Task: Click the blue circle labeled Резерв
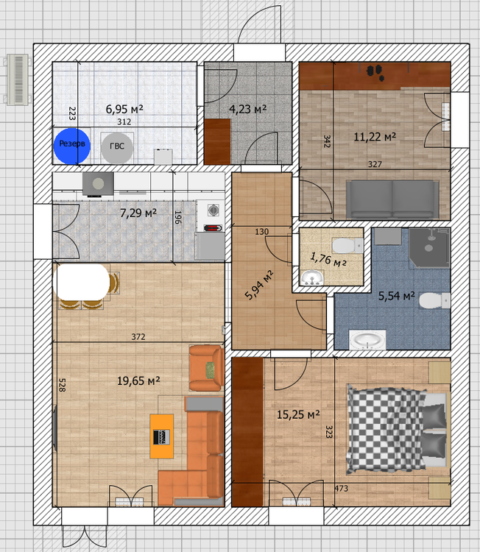[72, 145]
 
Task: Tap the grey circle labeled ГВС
[116, 146]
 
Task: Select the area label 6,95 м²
[124, 109]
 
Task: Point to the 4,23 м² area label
[247, 109]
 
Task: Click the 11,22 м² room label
[375, 136]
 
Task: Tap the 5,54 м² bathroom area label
[397, 296]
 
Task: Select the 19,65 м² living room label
[138, 381]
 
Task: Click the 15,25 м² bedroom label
[298, 415]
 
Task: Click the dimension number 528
[63, 386]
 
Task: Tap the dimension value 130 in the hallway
[261, 232]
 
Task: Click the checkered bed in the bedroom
[387, 429]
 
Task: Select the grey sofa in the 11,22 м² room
[392, 198]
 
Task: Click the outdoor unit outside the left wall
[16, 78]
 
